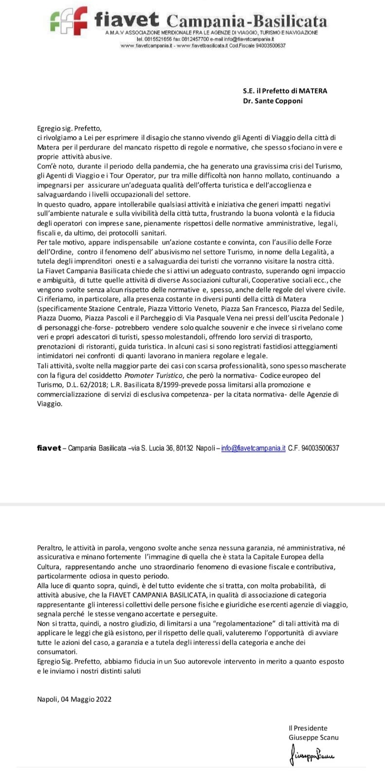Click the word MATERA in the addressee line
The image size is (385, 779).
[313, 91]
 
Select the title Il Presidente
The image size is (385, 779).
[308, 728]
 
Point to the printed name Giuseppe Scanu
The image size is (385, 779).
[313, 737]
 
